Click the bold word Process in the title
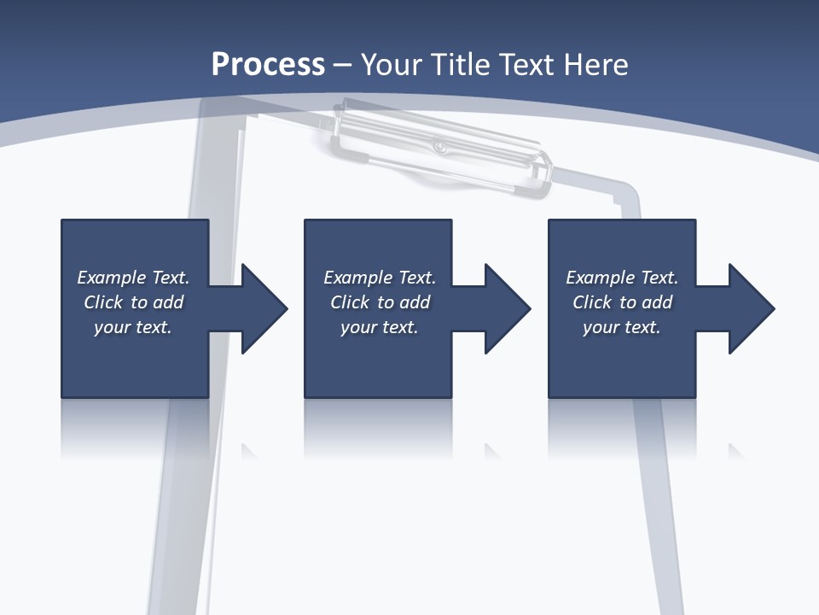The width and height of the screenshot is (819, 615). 268,65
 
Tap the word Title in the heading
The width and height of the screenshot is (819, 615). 459,65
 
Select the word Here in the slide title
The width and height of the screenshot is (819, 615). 595,65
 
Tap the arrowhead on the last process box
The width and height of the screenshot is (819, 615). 750,308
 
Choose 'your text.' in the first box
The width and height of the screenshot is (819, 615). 133,327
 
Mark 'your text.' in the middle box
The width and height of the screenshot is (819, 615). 379,327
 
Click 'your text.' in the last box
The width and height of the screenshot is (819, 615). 622,327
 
